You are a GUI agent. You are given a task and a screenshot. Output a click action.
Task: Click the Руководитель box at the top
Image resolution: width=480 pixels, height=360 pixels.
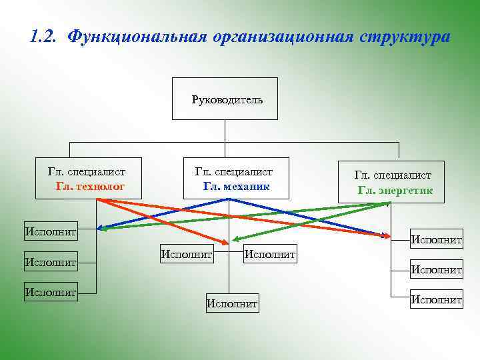pyautogui.click(x=225, y=99)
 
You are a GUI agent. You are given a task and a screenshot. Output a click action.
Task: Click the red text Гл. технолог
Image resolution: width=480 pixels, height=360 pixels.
pyautogui.click(x=91, y=186)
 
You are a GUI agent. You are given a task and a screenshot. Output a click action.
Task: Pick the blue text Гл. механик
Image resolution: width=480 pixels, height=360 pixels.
pyautogui.click(x=237, y=186)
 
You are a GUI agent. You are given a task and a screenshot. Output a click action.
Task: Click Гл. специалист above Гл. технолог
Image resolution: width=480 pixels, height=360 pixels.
pyautogui.click(x=87, y=172)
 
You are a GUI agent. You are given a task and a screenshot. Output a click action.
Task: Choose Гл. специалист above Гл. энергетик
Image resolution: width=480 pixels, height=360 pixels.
pyautogui.click(x=393, y=175)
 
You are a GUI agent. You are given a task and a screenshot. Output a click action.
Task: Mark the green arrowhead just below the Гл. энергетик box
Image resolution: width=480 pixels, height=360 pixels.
pyautogui.click(x=386, y=205)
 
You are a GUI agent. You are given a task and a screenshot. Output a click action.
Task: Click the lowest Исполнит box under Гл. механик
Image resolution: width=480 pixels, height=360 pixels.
pyautogui.click(x=232, y=303)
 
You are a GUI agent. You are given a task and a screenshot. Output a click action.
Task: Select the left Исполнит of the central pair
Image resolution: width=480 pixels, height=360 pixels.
pyautogui.click(x=187, y=253)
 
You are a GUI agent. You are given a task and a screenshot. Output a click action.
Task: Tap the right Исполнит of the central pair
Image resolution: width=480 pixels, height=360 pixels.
pyautogui.click(x=271, y=253)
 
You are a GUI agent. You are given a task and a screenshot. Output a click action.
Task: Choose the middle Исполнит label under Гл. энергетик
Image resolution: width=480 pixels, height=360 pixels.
pyautogui.click(x=436, y=270)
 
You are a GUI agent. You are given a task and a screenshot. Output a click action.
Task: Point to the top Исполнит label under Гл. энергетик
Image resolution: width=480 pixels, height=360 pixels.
pyautogui.click(x=436, y=239)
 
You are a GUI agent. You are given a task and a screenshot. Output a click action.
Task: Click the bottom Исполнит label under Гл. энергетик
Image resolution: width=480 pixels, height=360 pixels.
pyautogui.click(x=436, y=300)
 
